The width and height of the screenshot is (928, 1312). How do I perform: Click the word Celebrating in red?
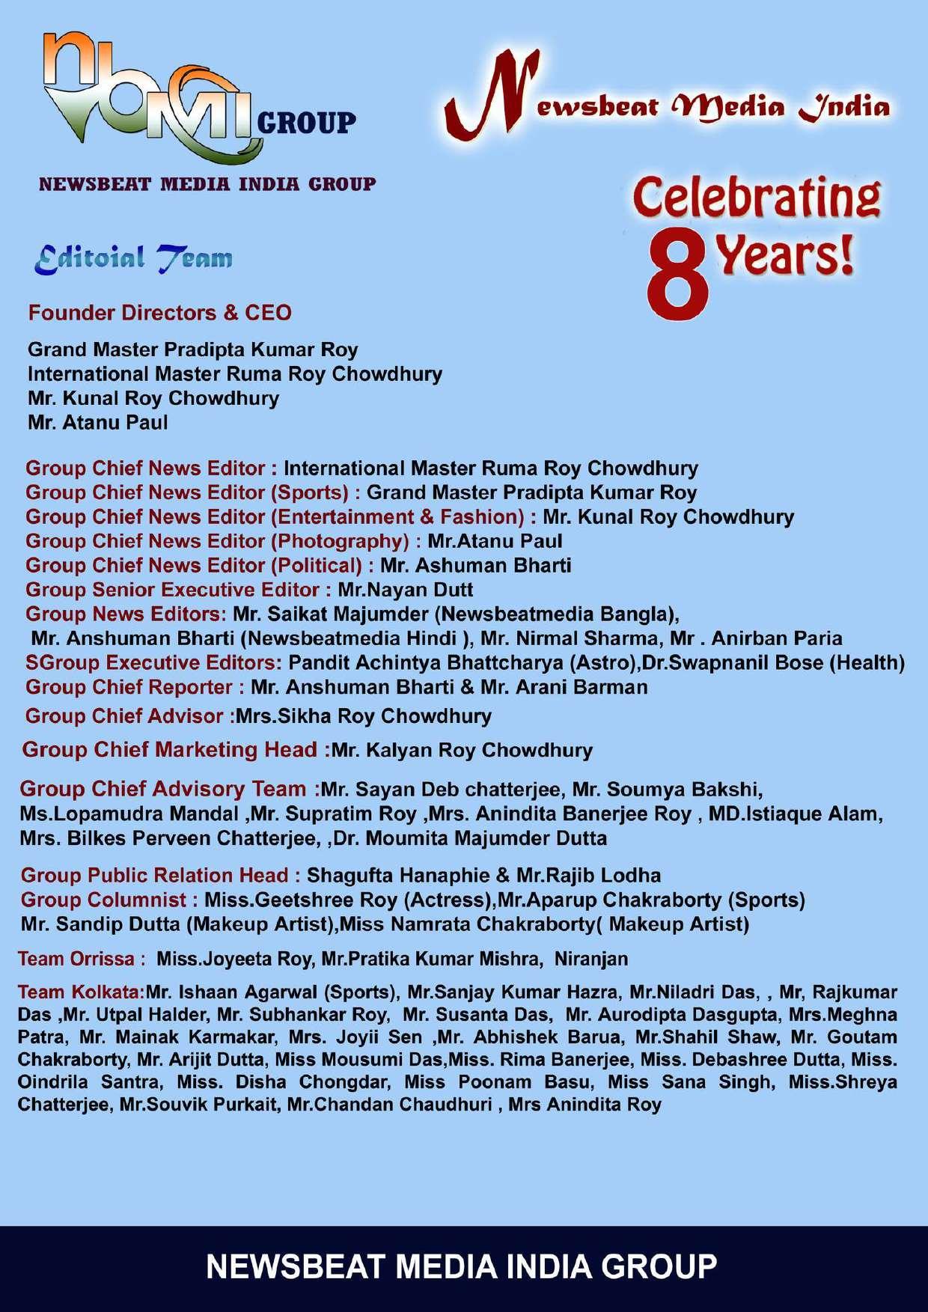[x=756, y=197]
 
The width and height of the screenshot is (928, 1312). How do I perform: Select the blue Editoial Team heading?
[x=133, y=258]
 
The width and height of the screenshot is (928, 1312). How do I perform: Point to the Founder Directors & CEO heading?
[x=159, y=313]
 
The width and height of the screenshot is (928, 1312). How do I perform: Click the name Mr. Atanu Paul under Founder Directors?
[x=97, y=423]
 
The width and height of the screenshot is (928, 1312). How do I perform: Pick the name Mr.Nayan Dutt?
[x=406, y=590]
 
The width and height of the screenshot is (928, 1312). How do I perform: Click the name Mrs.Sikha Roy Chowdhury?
[x=363, y=716]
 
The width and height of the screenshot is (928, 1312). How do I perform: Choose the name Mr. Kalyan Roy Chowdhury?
[x=463, y=751]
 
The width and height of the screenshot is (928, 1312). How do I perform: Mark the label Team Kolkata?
[x=81, y=992]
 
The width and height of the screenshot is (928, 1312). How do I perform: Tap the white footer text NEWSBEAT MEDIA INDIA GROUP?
[x=462, y=1267]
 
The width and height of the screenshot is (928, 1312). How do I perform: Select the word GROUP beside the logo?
[x=306, y=122]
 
